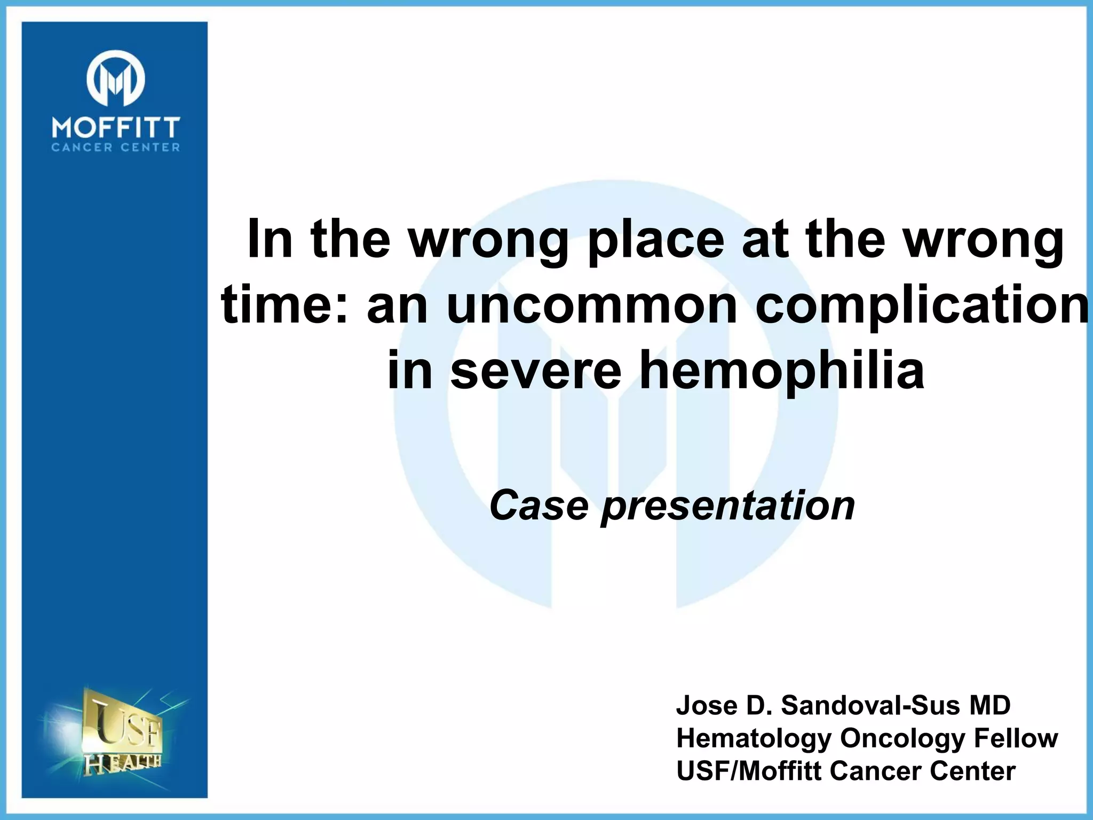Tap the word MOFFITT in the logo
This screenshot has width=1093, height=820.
(116, 129)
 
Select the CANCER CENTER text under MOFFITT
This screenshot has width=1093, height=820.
(116, 148)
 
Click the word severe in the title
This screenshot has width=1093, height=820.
(536, 370)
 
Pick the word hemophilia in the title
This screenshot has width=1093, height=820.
(782, 370)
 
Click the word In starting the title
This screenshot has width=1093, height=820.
(270, 240)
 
